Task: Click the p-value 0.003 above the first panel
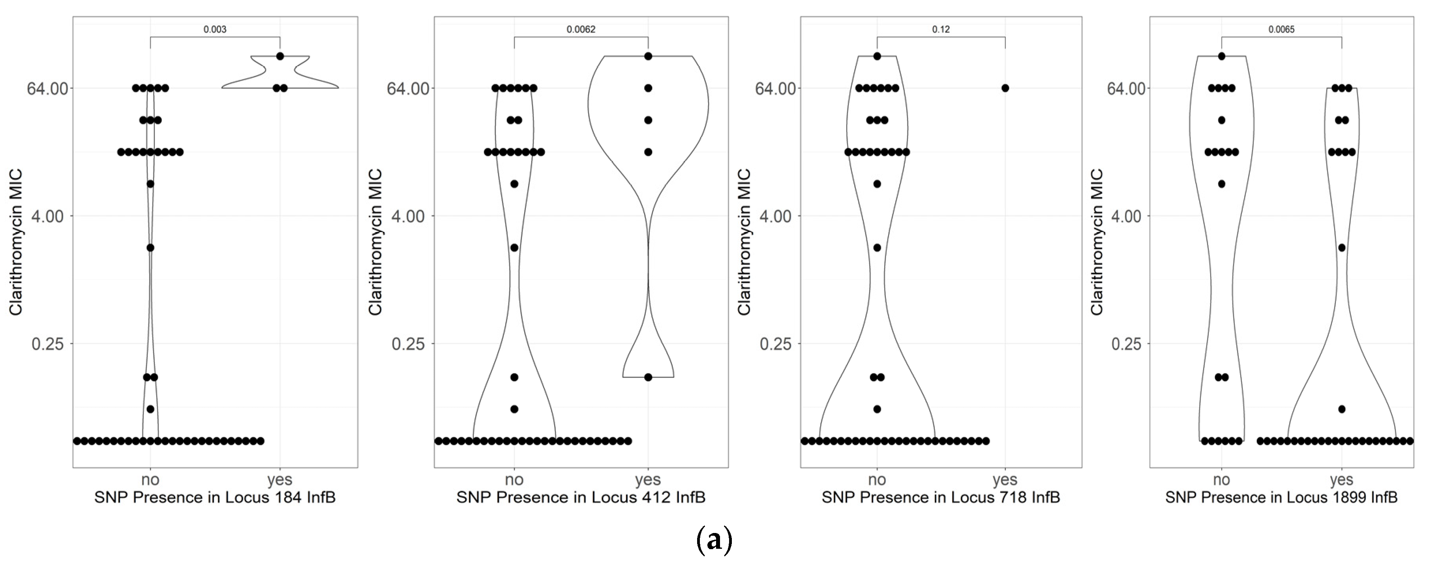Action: (215, 29)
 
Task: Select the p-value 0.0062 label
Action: (581, 29)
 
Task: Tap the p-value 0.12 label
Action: (941, 29)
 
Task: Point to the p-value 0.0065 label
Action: (1281, 29)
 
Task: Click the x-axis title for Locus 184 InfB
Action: (215, 497)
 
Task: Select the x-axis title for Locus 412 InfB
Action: (581, 497)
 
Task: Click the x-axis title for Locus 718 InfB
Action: (941, 497)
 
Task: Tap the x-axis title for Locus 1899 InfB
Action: (1281, 497)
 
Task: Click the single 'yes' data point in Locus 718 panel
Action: (1005, 88)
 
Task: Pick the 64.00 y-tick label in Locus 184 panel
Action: (48, 88)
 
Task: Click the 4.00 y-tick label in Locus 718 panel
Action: (776, 216)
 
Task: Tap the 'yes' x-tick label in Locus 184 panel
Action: (279, 480)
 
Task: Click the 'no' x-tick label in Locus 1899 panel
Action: (1221, 480)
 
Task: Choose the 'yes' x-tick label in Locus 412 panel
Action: (648, 480)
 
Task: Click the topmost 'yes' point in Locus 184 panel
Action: (280, 56)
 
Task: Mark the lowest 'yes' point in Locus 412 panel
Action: (648, 377)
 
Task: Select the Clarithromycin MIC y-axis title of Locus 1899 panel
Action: (1097, 242)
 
